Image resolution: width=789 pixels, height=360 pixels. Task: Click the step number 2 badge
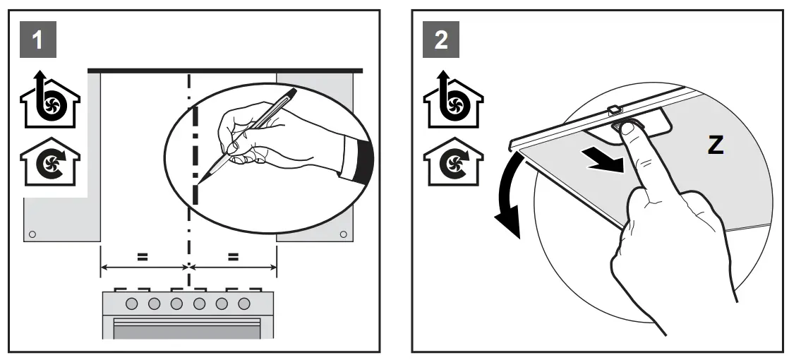point(441,40)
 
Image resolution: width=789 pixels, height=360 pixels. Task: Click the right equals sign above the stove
point(233,258)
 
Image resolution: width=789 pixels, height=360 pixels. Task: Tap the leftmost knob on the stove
point(132,304)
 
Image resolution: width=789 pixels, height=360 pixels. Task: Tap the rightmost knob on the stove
point(244,304)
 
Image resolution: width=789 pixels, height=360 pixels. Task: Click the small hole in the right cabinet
point(343,234)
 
